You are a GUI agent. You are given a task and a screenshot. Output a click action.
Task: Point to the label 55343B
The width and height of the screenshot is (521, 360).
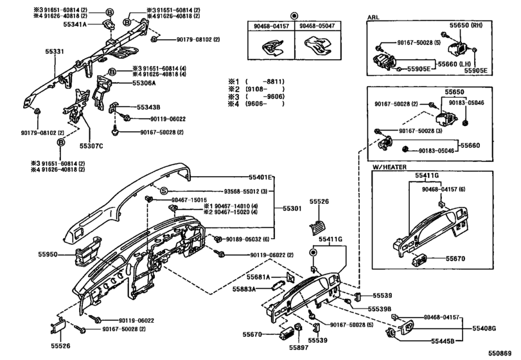coord(148,107)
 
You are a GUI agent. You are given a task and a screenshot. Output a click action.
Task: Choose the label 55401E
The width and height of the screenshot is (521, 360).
coord(261,177)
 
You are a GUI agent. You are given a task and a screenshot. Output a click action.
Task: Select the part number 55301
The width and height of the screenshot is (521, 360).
coord(294,208)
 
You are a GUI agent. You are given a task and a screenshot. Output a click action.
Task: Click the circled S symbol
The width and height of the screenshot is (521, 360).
coord(163,191)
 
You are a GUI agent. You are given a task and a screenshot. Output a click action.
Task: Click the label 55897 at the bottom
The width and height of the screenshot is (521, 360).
coord(299,348)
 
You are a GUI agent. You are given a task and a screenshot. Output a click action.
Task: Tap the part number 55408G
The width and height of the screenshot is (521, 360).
coord(485,328)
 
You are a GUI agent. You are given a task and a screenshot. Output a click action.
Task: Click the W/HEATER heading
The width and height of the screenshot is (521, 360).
coord(391,167)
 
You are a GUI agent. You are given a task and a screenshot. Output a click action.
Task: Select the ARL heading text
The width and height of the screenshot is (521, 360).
coord(373,17)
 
